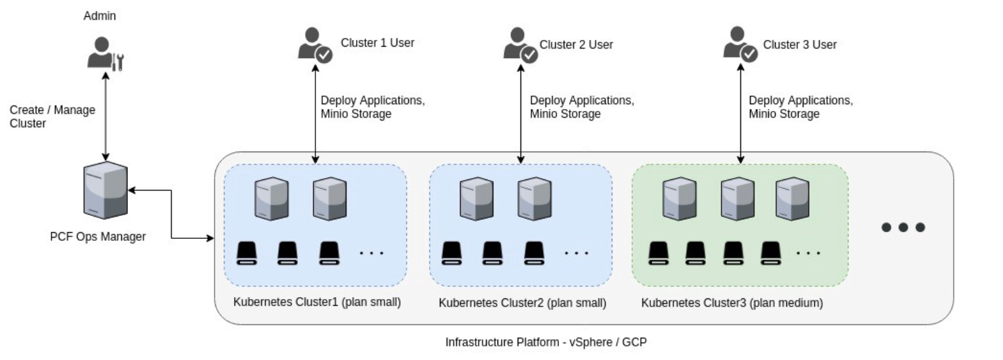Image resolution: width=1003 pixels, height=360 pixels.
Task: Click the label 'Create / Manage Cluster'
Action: point(52,116)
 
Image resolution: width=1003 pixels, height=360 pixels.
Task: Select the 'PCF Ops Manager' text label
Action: point(97,237)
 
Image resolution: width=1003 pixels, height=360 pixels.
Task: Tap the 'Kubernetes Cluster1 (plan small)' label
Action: point(317,302)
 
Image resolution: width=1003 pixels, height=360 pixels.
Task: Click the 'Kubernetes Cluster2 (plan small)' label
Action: point(522,302)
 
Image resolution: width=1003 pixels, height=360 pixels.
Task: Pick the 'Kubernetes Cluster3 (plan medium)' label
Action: point(732,302)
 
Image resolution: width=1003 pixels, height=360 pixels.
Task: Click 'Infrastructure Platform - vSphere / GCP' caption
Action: point(545,342)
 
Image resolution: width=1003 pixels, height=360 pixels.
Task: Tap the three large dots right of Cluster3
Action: point(902,227)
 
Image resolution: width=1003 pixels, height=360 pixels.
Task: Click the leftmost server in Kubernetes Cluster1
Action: point(271,198)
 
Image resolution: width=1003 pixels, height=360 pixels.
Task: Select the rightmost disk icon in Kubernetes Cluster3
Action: point(770,252)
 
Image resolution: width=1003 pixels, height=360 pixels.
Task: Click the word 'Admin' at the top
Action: point(99,15)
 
